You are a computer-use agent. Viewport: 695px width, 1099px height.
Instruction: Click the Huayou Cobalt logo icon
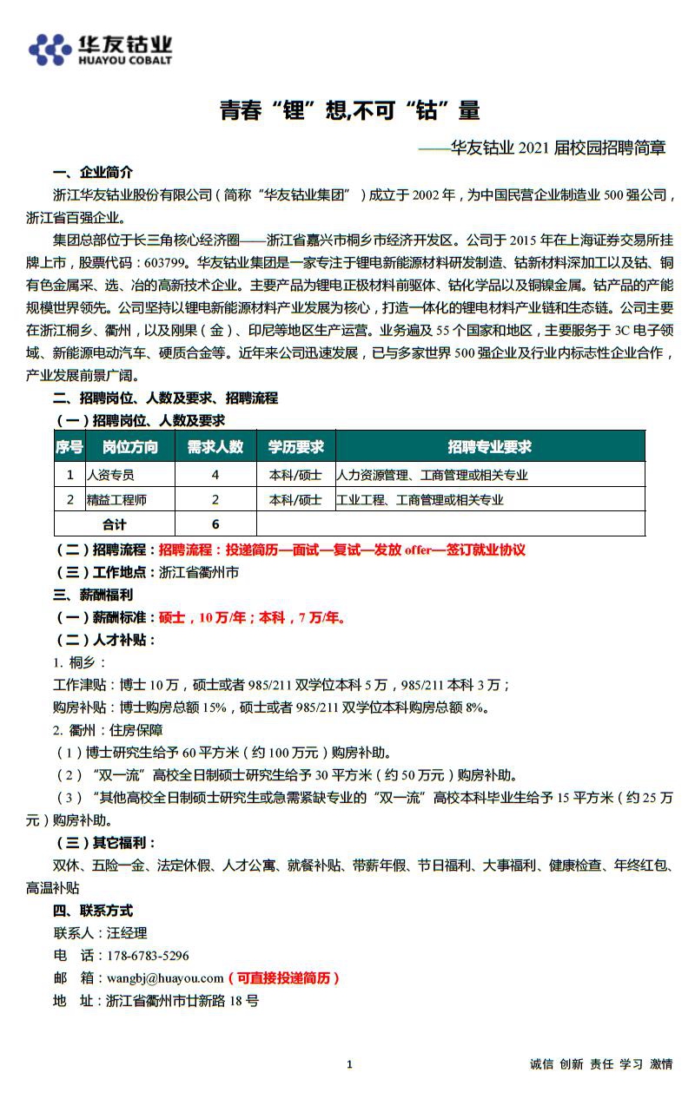coord(50,49)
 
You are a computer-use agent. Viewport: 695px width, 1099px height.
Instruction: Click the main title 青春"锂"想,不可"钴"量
coord(349,110)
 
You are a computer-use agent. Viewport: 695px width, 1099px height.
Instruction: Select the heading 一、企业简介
coord(93,171)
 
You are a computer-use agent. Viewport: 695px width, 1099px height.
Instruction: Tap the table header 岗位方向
coord(130,447)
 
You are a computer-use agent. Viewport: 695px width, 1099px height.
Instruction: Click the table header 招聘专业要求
coord(489,447)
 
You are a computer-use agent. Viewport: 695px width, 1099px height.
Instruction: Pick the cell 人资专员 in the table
coord(111,475)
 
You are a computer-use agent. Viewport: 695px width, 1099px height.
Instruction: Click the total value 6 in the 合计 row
coord(215,524)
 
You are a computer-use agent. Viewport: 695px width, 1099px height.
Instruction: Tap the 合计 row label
coord(115,524)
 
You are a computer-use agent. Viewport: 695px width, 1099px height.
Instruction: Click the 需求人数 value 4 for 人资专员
coord(215,475)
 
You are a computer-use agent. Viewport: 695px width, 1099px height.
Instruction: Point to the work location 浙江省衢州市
coord(199,573)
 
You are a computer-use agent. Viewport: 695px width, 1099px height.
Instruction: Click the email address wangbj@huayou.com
coord(165,978)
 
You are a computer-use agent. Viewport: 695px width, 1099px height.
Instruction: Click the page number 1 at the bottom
coord(349,1064)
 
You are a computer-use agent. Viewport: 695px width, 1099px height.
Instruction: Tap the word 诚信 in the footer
coord(541,1064)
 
